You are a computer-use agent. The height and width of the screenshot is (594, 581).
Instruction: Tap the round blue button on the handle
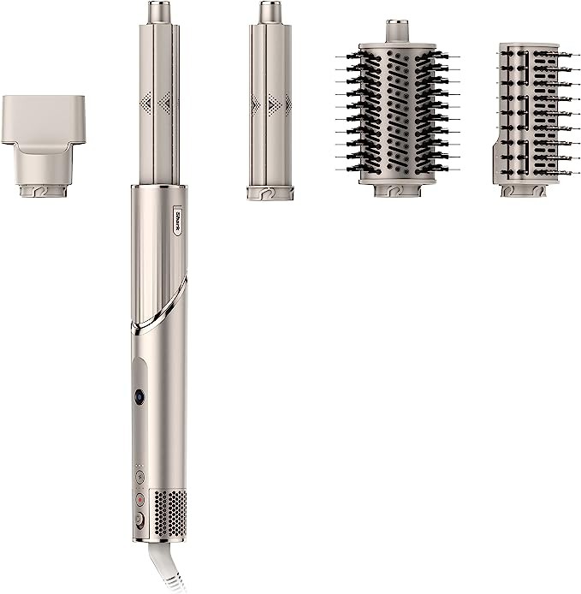[x=139, y=396]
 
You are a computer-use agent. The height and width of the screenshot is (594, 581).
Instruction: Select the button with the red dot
[x=139, y=498]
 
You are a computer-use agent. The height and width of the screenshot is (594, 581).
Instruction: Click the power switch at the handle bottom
[x=139, y=519]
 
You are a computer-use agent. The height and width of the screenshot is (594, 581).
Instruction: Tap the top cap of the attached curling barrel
[x=158, y=12]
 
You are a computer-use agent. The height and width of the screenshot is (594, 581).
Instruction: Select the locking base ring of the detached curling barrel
[x=270, y=193]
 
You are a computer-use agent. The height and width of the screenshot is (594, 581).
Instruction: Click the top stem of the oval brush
[x=396, y=31]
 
